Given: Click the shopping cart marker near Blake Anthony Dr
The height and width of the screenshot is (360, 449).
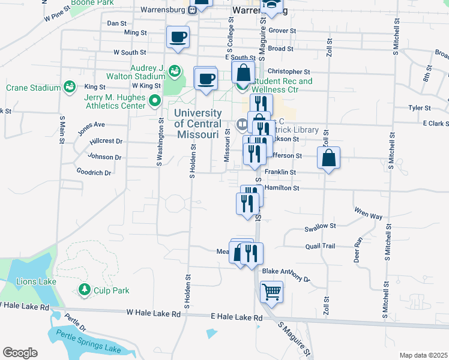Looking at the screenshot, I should click(271, 292).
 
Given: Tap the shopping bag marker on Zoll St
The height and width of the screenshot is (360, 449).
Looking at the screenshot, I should click(329, 158).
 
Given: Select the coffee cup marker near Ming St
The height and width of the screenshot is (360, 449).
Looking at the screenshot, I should click(178, 37).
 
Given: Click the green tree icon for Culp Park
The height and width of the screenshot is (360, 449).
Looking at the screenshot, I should click(85, 290).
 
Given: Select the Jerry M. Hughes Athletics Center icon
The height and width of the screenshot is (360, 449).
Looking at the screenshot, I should click(155, 101).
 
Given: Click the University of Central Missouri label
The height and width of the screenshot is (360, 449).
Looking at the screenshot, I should click(198, 124).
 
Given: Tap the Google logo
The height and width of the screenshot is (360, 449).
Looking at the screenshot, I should click(20, 352).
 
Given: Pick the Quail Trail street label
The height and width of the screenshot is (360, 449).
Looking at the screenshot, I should click(320, 245).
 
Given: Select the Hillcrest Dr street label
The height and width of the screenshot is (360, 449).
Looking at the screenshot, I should click(106, 141).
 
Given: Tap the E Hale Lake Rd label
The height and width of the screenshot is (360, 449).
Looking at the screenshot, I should click(236, 317).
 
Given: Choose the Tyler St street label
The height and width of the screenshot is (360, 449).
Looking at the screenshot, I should click(420, 108).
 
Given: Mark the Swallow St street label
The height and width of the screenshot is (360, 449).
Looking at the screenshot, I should click(319, 226).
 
